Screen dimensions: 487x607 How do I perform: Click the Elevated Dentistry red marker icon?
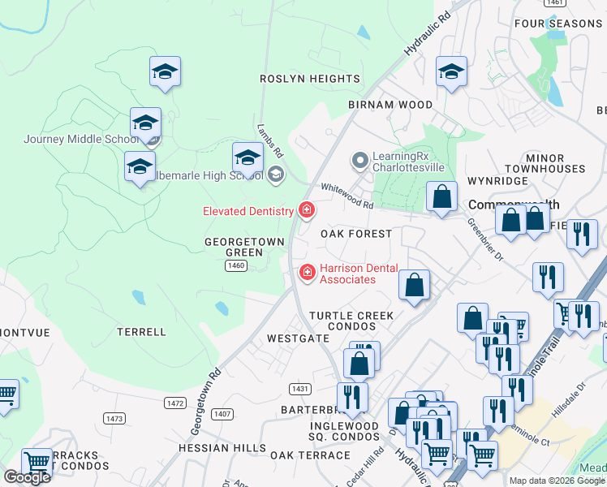tap(307, 211)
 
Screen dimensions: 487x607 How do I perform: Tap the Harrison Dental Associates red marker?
tap(307, 272)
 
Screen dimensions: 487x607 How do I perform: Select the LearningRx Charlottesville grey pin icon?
tap(359, 161)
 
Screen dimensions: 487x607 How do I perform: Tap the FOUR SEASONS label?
tap(557, 24)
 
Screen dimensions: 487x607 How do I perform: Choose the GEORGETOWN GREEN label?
tap(244, 247)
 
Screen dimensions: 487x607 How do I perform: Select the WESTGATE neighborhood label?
tap(298, 338)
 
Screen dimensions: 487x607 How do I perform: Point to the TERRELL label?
tap(141, 332)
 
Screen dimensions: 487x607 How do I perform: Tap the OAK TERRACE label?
tap(310, 455)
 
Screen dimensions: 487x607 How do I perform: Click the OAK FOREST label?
tap(356, 234)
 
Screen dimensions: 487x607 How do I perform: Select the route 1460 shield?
tap(236, 265)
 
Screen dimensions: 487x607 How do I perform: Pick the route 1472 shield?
tap(174, 403)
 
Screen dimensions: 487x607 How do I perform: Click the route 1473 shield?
tap(114, 418)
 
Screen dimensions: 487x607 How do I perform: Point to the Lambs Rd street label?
tap(269, 140)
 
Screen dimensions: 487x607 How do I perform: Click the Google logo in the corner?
tap(27, 477)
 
